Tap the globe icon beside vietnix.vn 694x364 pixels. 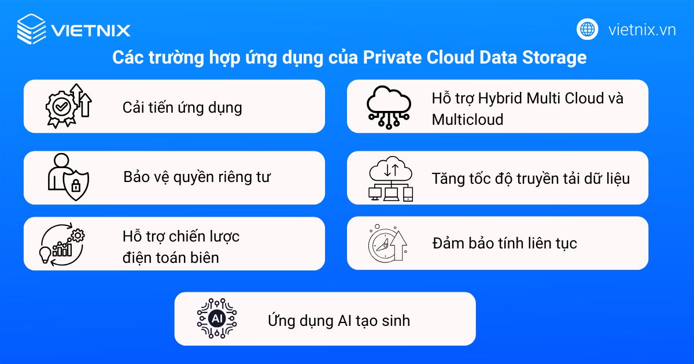588,29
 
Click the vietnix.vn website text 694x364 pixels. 642,29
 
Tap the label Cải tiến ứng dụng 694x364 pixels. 182,107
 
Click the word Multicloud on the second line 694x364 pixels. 467,119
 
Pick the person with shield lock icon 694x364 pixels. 68,177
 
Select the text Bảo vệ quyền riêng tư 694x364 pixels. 197,177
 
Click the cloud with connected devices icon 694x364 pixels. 391,178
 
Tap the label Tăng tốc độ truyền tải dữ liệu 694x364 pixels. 530,178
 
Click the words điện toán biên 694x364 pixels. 171,257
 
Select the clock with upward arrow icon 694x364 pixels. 387,243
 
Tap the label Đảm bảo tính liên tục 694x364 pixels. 504,243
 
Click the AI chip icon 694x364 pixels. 217,318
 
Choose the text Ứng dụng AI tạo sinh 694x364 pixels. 338,320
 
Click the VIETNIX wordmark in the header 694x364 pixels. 91,30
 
